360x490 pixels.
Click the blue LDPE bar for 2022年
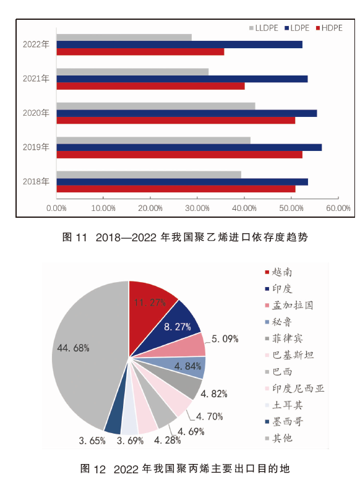[x=179, y=45]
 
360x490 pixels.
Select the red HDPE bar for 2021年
[x=151, y=86]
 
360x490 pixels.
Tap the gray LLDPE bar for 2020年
[x=156, y=106]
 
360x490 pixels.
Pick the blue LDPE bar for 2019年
[x=189, y=147]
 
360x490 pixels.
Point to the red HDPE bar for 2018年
[x=176, y=189]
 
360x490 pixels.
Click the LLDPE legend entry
[x=264, y=28]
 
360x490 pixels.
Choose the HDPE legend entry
[x=329, y=28]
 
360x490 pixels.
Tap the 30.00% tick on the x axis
[x=197, y=208]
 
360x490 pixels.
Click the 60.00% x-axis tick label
[x=338, y=208]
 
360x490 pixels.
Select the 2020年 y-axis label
[x=36, y=113]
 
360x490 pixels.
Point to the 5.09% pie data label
[x=225, y=339]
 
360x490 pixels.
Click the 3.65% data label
[x=92, y=441]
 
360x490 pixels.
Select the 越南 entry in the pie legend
[x=278, y=272]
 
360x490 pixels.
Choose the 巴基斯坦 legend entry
[x=289, y=355]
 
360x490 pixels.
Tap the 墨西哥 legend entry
[x=284, y=421]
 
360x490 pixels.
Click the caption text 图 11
[x=74, y=237]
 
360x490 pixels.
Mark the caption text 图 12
[x=93, y=468]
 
